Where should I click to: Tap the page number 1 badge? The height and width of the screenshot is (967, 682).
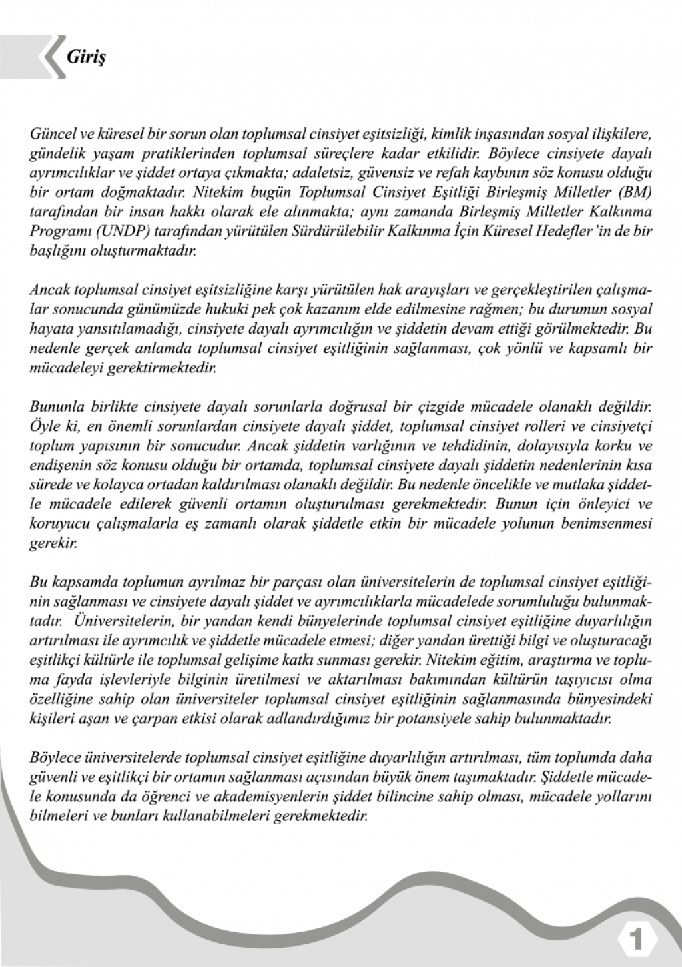(x=638, y=940)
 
